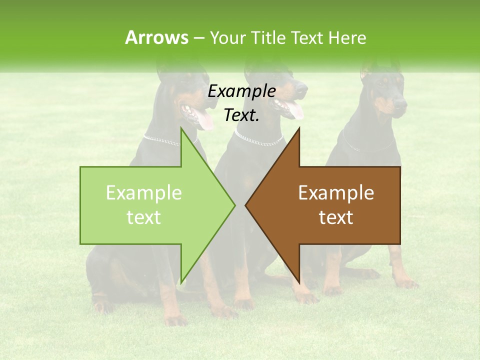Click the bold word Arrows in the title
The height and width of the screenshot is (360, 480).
click(x=156, y=37)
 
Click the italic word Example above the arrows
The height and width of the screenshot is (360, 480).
click(x=241, y=92)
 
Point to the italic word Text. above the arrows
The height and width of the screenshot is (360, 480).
click(x=241, y=115)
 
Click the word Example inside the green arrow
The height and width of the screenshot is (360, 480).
click(x=144, y=192)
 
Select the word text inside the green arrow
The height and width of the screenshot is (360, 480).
click(x=144, y=217)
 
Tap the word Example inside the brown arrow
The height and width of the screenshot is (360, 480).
click(x=336, y=192)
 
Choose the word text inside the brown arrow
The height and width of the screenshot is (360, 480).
click(x=336, y=217)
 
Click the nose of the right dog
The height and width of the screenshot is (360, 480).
click(x=402, y=103)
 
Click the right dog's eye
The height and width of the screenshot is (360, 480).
click(x=382, y=84)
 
